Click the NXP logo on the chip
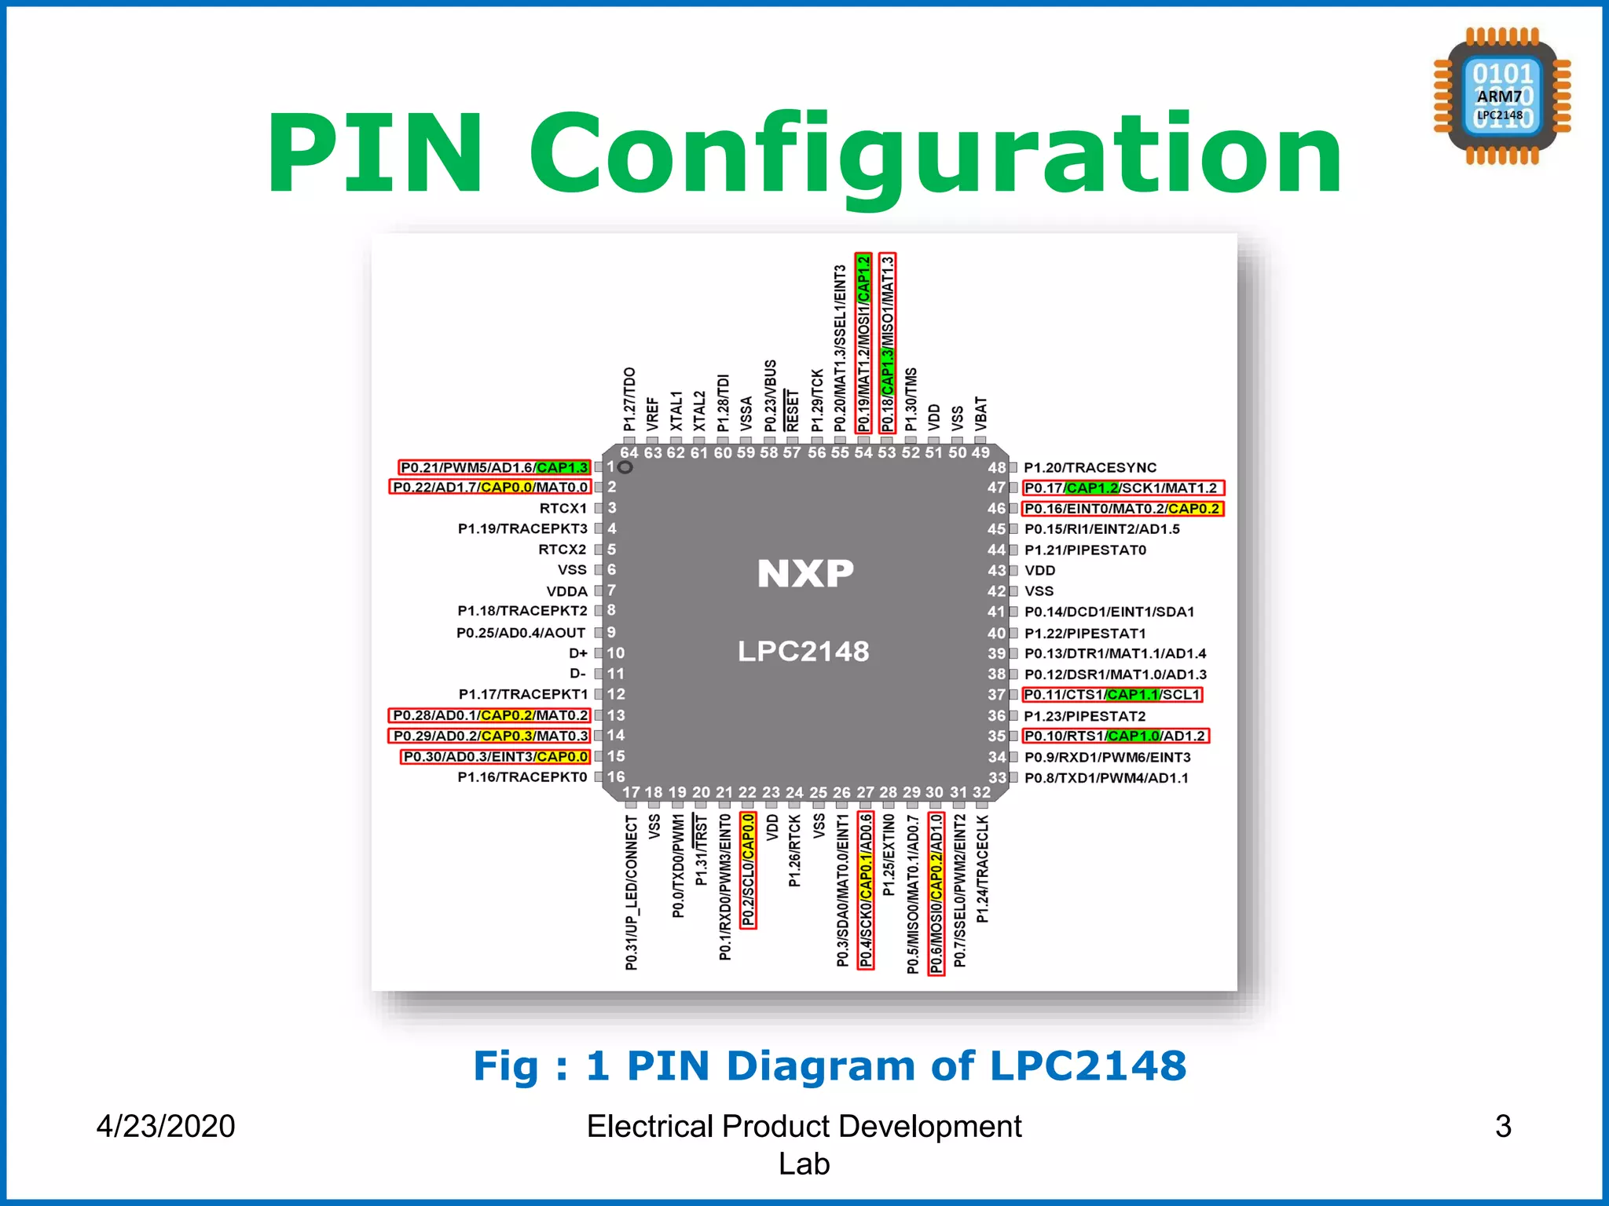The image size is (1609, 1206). (805, 573)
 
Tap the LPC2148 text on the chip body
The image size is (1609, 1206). (803, 651)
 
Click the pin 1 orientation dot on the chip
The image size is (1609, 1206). (625, 467)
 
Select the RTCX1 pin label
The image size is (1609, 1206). (563, 508)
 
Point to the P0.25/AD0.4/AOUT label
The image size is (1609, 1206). (521, 632)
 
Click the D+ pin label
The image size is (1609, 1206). (578, 653)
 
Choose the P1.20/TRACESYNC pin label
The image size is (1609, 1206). (1090, 467)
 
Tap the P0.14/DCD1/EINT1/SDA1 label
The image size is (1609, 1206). (1109, 612)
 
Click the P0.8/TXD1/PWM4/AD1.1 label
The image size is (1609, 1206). (1105, 778)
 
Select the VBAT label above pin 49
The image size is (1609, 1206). (980, 413)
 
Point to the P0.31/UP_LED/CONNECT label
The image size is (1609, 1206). (632, 892)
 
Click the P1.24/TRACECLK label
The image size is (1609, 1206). (982, 868)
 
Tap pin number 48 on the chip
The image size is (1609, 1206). (996, 467)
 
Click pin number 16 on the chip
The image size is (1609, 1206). (616, 777)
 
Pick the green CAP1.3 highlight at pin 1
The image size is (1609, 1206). (562, 467)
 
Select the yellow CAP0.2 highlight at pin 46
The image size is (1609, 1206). (1193, 508)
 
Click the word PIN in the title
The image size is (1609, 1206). (374, 153)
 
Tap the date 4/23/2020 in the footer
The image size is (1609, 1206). (166, 1126)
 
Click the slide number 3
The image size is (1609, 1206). (1503, 1126)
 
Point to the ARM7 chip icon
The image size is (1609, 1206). (1501, 97)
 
